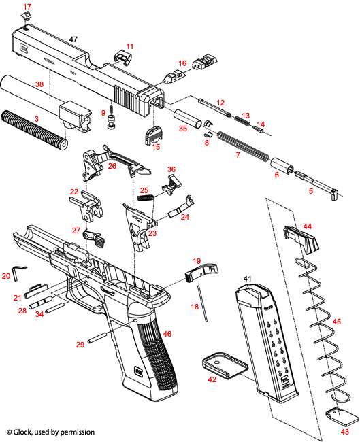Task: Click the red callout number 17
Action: pyautogui.click(x=27, y=7)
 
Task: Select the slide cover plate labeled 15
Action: pyautogui.click(x=152, y=135)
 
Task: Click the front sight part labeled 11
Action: pyautogui.click(x=121, y=56)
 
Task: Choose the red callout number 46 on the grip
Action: pyautogui.click(x=167, y=335)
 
